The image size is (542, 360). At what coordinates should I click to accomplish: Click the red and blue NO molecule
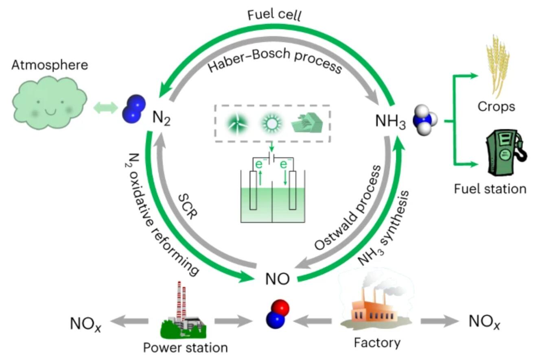(278, 314)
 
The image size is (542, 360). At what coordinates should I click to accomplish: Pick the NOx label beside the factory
(484, 322)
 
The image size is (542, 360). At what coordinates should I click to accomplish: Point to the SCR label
(188, 207)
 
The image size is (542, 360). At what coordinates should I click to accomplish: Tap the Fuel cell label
(274, 15)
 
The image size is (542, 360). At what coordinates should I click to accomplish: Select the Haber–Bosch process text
(275, 60)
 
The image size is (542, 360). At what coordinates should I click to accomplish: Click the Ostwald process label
(348, 208)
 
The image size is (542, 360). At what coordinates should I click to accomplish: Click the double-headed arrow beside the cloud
(105, 107)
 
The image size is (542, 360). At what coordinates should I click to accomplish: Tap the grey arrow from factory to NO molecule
(312, 321)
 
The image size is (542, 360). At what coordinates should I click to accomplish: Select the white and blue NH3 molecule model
(425, 120)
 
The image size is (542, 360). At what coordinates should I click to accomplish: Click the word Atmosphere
(50, 65)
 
